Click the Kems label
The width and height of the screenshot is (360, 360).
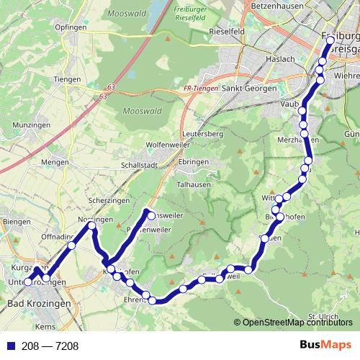pyautogui.click(x=45, y=326)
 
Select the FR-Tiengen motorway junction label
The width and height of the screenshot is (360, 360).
pyautogui.click(x=181, y=89)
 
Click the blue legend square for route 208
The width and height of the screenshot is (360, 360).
pyautogui.click(x=6, y=346)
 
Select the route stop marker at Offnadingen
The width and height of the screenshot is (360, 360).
pyautogui.click(x=72, y=246)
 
